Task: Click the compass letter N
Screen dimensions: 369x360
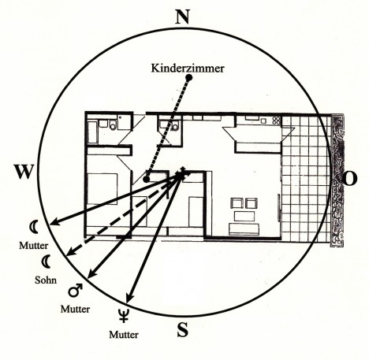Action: [182, 17]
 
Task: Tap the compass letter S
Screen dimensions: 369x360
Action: [183, 329]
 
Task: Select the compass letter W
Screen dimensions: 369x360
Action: [24, 172]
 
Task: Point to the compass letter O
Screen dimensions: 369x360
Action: [349, 179]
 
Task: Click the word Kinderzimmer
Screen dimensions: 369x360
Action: [188, 69]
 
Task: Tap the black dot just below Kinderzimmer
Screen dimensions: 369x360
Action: [189, 78]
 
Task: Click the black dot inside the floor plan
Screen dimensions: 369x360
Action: [146, 179]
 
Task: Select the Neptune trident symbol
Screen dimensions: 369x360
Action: [123, 315]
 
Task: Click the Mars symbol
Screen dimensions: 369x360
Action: [75, 290]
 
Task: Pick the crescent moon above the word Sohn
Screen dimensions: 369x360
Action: [47, 262]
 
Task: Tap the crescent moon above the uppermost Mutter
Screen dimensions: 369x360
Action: [35, 227]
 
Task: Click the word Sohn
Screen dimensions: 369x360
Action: [46, 280]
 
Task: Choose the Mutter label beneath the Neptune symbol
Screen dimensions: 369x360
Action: [124, 335]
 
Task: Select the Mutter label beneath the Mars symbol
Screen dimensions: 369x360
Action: [75, 309]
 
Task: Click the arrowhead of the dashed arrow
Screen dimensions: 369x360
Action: [70, 253]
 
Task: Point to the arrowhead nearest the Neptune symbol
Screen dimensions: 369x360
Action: [129, 299]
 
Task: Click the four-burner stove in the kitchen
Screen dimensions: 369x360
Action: [277, 121]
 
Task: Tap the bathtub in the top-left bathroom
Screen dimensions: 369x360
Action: [92, 132]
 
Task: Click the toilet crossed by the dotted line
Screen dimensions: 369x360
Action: [175, 127]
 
